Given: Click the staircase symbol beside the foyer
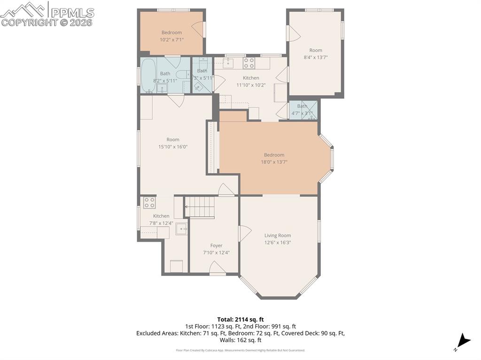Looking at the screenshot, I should [x=199, y=207].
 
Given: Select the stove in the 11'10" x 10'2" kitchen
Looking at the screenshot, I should [x=249, y=63].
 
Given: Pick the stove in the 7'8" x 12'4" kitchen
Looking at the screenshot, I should [x=149, y=202].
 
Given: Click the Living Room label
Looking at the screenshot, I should [x=277, y=236].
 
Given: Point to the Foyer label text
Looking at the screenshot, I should [x=216, y=245].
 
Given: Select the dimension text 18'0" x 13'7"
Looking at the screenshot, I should [x=274, y=162].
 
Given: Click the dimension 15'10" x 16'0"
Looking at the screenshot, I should [x=173, y=146].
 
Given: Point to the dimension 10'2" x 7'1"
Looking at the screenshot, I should [x=171, y=39].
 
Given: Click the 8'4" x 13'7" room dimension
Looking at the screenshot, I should [x=315, y=57].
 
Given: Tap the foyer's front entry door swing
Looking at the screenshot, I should [x=217, y=268].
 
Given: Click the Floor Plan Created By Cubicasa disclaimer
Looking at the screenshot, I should [x=240, y=350].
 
